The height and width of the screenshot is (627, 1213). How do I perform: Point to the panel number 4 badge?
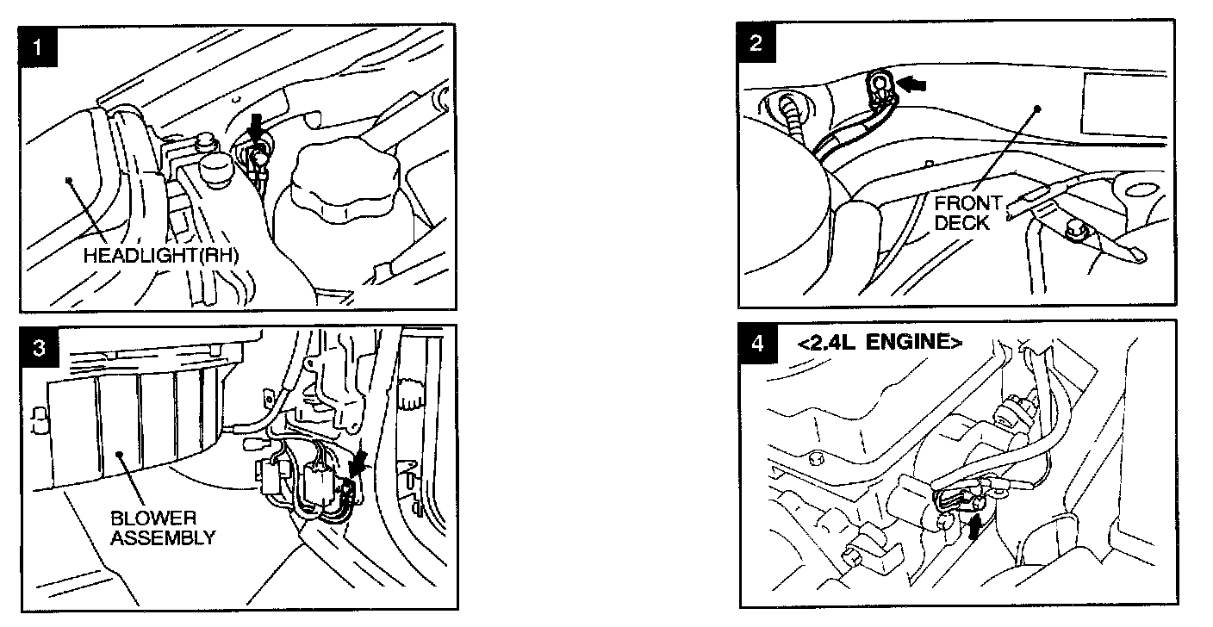coord(756,342)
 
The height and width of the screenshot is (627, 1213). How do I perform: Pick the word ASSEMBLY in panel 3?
coord(162,537)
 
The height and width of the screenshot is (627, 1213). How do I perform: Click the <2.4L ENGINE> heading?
coord(880,342)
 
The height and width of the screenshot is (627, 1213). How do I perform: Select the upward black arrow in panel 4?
coord(974,525)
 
